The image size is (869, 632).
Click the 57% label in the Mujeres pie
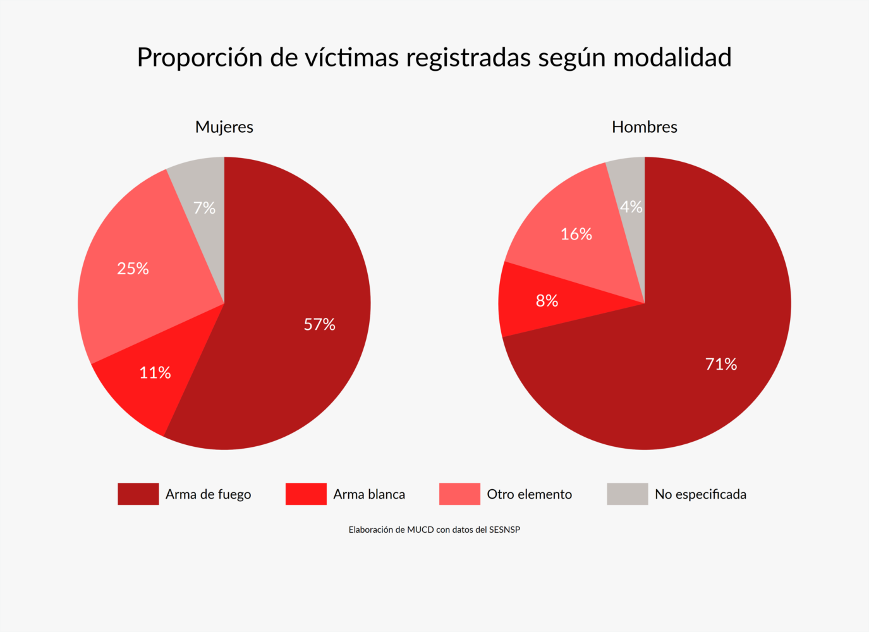coord(319,324)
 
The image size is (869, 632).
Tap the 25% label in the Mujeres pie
coord(133,269)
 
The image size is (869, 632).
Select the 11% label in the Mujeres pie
coord(155,373)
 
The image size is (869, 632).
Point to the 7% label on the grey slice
coord(204,208)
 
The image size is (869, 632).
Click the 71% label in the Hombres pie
coord(721,364)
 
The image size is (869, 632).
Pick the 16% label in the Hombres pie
coord(576,234)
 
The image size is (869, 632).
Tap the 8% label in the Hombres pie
coord(547,301)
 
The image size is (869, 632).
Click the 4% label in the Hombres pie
coord(631,207)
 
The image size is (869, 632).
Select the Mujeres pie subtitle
coord(224,127)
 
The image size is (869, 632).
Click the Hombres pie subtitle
coord(644,127)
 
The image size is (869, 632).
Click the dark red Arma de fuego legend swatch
coord(138,494)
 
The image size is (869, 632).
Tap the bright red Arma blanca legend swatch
coord(306,494)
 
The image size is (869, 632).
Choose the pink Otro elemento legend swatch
coord(459,494)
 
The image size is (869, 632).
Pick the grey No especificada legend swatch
coord(627,494)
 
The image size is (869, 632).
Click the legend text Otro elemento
coord(529,494)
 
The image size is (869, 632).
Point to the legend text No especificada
coord(700,494)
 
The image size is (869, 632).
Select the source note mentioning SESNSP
coord(434,530)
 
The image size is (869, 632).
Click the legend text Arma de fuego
coord(208,494)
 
